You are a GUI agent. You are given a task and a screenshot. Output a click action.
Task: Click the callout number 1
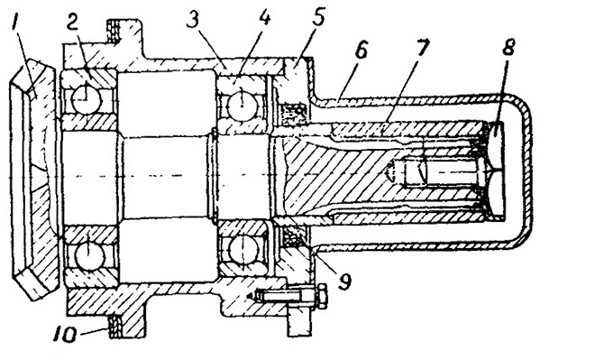coord(16,24)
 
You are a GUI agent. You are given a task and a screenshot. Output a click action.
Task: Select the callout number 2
coord(74,23)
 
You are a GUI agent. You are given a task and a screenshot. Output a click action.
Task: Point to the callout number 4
coord(263,17)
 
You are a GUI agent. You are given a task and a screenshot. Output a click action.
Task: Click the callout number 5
coord(318,17)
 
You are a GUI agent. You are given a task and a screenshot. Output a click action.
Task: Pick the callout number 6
coord(361,50)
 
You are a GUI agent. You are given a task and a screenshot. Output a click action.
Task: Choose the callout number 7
coord(422,48)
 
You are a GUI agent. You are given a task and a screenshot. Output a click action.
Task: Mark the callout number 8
coord(508,48)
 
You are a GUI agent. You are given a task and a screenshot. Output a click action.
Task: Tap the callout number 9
coord(345,282)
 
